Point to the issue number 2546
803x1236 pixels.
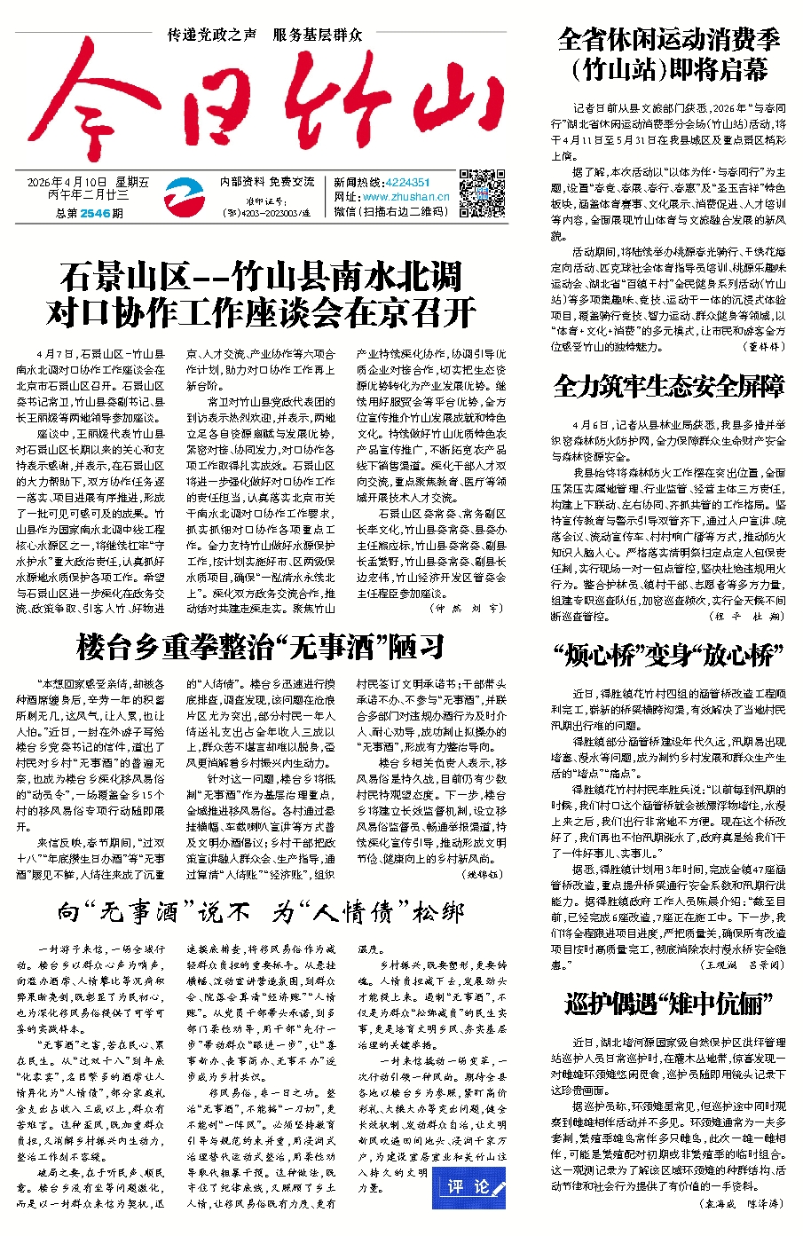(95, 213)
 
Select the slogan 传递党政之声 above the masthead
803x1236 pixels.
(212, 35)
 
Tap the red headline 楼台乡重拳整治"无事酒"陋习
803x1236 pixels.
(260, 646)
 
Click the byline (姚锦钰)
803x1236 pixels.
(483, 874)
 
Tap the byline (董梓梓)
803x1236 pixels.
(762, 347)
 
